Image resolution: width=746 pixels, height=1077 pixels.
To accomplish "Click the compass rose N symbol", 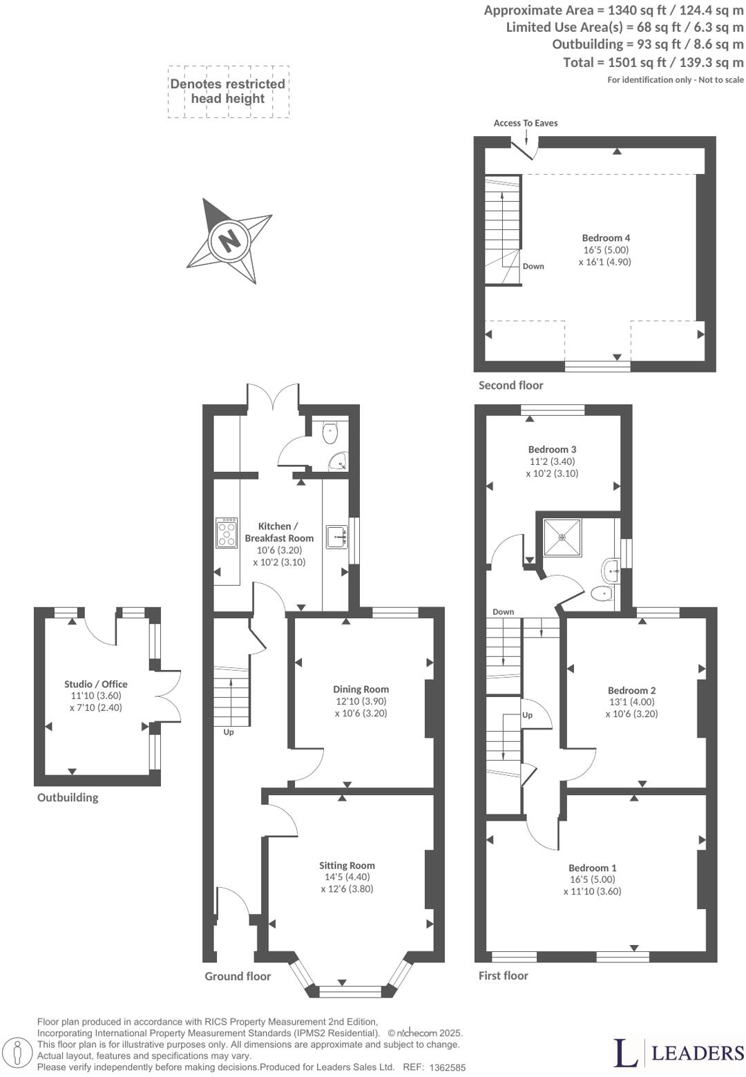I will (x=229, y=240).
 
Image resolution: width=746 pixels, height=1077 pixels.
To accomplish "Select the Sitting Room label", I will (x=347, y=865).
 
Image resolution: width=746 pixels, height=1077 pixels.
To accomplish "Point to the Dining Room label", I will (x=361, y=689).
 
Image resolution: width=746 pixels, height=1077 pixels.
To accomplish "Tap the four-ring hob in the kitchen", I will (x=227, y=532).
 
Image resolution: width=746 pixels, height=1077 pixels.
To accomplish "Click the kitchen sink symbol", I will (x=336, y=536).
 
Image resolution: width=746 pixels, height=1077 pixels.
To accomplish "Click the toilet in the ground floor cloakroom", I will (x=330, y=433).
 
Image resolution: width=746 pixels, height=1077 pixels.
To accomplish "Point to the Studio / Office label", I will (x=96, y=684).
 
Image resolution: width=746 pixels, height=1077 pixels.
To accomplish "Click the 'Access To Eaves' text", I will (x=525, y=123).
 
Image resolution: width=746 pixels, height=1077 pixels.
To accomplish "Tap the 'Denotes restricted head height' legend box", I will (x=228, y=91).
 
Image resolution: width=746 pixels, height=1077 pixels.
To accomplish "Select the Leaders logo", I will (x=678, y=1052).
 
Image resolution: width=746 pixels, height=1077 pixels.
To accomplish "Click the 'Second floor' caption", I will (x=510, y=385).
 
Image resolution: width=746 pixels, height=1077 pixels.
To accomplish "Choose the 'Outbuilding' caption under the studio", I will (x=68, y=797).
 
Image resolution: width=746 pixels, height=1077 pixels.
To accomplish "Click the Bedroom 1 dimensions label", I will (x=592, y=886).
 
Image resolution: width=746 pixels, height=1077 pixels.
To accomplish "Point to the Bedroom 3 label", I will (x=552, y=449).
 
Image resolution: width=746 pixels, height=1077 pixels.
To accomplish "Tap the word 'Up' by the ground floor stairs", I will (x=228, y=732).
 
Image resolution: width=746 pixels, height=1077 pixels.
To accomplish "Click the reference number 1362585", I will (x=447, y=1067).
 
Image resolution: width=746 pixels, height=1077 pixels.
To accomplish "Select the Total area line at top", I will (x=653, y=63).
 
